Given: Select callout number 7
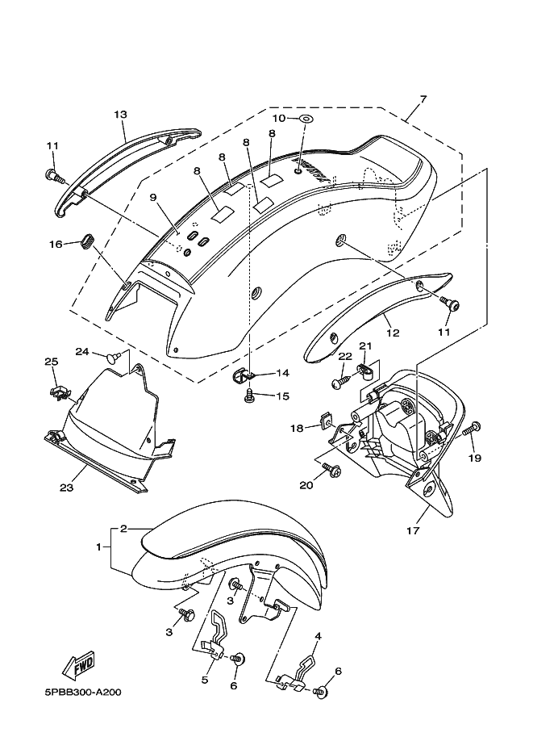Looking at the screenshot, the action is (x=423, y=98).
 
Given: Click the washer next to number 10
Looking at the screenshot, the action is (x=306, y=118).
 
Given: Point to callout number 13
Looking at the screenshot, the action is (x=120, y=114).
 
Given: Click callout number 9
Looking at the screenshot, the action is (x=152, y=198).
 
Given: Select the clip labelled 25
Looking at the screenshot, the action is (x=59, y=393).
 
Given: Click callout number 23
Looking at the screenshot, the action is (x=66, y=488).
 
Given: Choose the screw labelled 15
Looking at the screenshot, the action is (x=248, y=396).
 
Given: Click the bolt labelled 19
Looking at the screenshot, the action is (x=472, y=429).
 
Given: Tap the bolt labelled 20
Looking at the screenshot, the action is (x=332, y=469).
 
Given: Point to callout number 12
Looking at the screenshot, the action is (x=393, y=333).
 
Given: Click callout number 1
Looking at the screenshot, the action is (x=98, y=546).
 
